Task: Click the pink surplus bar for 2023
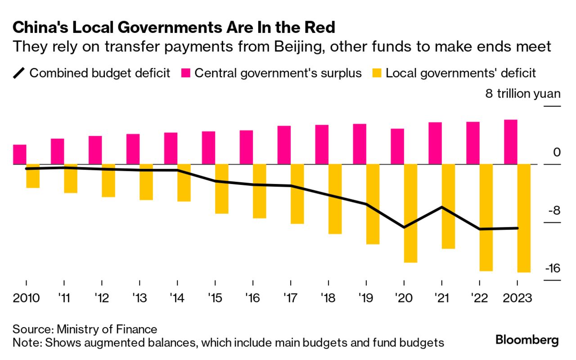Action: pos(511,142)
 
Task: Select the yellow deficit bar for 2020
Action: pos(410,213)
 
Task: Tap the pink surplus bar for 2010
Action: pos(20,154)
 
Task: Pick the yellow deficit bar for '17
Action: pos(297,194)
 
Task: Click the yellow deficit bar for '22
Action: pos(486,217)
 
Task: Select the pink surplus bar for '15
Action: pos(208,148)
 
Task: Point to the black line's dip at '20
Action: pos(404,227)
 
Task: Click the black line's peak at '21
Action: pos(442,207)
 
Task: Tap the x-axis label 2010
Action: pos(26,298)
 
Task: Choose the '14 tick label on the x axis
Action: pos(177,298)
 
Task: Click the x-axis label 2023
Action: pos(517,298)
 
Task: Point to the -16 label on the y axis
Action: pos(552,269)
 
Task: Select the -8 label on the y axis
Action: pos(553,211)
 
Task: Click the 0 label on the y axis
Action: pos(557,153)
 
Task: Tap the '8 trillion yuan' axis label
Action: pos(523,94)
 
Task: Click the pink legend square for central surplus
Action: pos(186,73)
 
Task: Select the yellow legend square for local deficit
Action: pos(377,73)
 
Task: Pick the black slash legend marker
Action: pos(19,73)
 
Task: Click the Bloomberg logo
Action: pos(527,340)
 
